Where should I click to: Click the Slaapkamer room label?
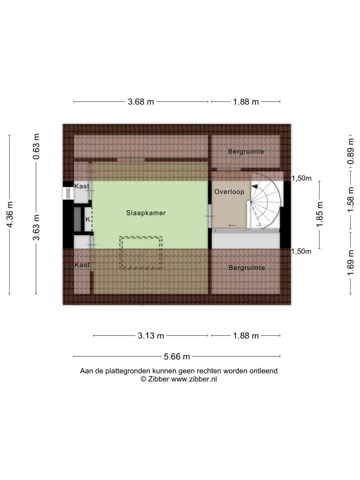[x=146, y=213]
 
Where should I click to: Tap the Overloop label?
[x=229, y=192]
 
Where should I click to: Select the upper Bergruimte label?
[x=246, y=152]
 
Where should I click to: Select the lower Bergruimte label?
[x=247, y=268]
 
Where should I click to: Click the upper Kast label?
[x=82, y=186]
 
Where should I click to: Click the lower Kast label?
[x=82, y=265]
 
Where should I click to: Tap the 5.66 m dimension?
[x=177, y=356]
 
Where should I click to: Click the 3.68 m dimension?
[x=141, y=102]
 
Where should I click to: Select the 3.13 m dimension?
[x=151, y=335]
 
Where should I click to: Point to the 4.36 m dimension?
[x=10, y=215]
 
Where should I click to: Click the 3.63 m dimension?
[x=36, y=227]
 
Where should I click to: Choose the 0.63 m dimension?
[x=36, y=146]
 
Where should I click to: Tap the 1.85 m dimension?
[x=320, y=215]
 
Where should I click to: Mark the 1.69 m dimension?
[x=351, y=263]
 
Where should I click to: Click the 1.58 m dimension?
[x=351, y=200]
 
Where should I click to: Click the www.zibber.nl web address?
[x=194, y=379]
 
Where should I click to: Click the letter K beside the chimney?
[x=88, y=219]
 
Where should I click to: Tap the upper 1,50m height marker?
[x=302, y=178]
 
